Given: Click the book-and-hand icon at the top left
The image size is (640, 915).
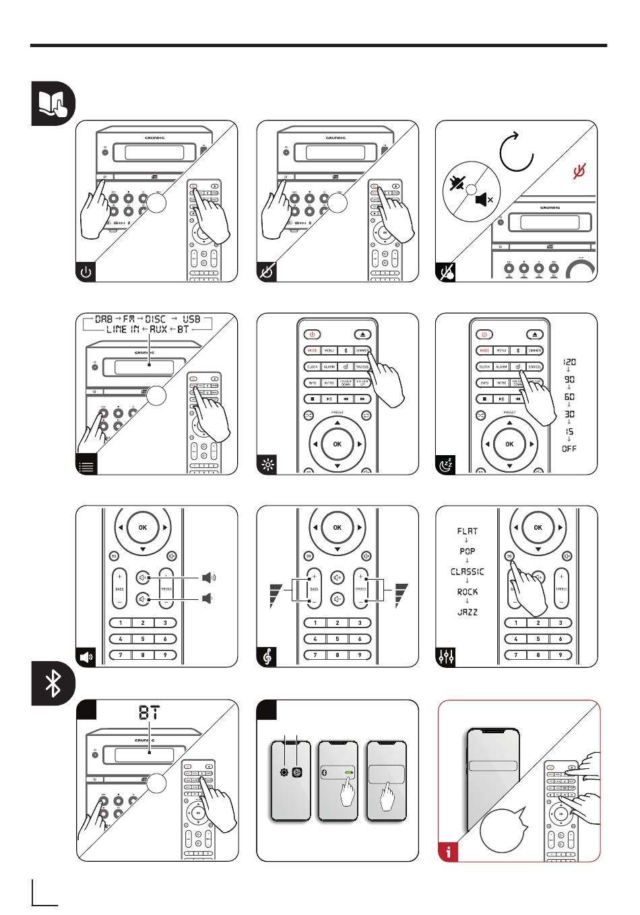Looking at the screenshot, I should click(53, 104).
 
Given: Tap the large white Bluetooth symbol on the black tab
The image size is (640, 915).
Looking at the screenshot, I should click(53, 683).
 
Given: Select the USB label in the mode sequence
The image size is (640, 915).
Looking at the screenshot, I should click(192, 319).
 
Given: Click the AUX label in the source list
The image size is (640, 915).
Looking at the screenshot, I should click(158, 330).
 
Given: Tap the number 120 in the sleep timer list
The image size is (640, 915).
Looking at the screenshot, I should click(569, 362).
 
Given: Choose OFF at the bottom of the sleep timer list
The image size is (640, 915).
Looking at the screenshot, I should click(569, 448).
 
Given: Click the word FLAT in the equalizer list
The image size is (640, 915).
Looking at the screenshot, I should click(468, 531).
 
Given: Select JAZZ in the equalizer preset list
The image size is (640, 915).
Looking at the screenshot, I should click(468, 612).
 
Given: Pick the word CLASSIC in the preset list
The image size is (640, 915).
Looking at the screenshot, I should click(468, 572).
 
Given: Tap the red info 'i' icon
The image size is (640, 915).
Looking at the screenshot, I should click(449, 850).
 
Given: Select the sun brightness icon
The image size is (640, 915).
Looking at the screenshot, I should click(267, 465).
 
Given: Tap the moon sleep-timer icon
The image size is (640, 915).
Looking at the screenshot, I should click(446, 465).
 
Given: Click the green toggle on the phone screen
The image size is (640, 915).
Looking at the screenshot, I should click(349, 773).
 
